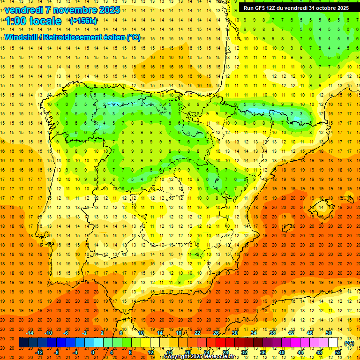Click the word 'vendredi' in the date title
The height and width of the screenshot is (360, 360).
[23, 10]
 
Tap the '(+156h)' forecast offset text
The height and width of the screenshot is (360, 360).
[83, 21]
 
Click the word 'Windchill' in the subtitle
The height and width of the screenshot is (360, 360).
[20, 37]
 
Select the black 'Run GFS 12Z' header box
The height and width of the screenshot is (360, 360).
[296, 7]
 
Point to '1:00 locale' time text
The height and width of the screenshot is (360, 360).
[34, 21]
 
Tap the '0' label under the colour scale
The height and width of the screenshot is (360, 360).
[93, 352]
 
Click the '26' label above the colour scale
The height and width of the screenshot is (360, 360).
[216, 333]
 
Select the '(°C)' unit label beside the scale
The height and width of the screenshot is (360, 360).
[349, 343]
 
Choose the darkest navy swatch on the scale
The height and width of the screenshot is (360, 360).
[23, 343]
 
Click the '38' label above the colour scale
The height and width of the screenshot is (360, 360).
[272, 333]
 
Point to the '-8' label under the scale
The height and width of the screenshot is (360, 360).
[56, 352]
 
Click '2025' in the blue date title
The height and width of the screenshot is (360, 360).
[109, 10]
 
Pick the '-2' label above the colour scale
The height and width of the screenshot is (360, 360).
[84, 333]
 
